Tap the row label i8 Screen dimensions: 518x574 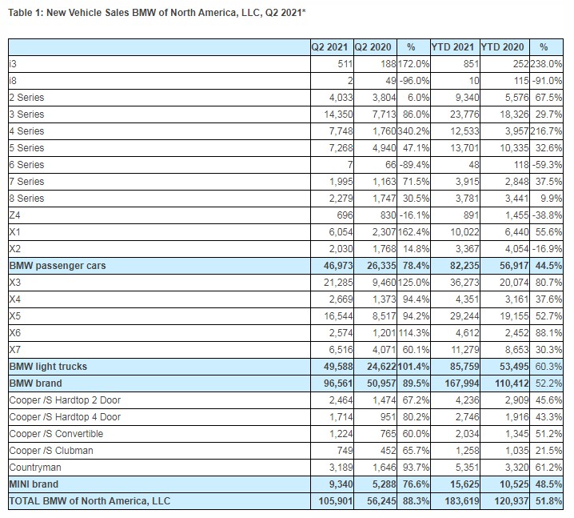(x=13, y=80)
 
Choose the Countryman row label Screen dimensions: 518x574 (x=37, y=467)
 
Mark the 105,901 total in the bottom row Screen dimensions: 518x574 (x=333, y=502)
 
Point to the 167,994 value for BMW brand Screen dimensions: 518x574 (x=457, y=383)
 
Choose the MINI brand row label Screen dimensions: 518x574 (x=34, y=484)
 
